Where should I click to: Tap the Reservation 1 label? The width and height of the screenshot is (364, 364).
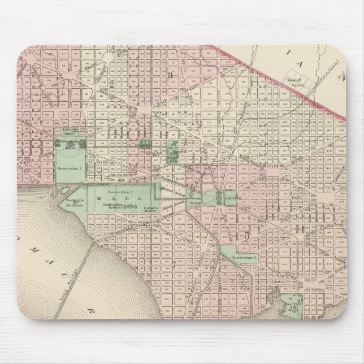click(x=73, y=168)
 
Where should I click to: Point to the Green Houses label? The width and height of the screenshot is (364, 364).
click(x=196, y=202)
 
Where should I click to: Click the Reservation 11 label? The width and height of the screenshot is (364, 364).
click(x=244, y=257)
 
